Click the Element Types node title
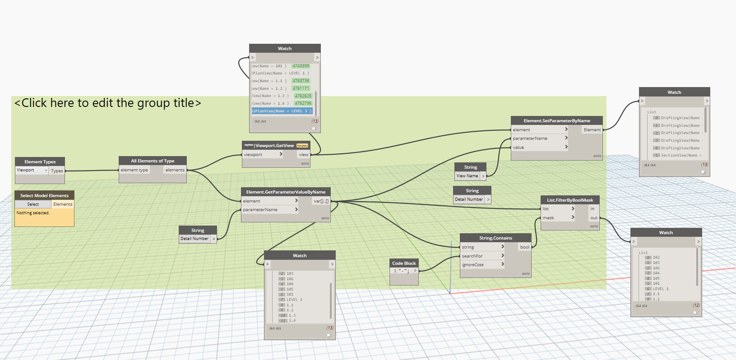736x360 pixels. [x=40, y=162]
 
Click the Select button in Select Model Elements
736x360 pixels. [x=33, y=204]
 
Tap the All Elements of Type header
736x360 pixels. [x=153, y=161]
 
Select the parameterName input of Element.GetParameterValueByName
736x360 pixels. [x=260, y=210]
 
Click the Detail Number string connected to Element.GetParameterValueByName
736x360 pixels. [x=194, y=239]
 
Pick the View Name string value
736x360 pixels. [x=467, y=176]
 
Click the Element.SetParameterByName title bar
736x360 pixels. [x=556, y=120]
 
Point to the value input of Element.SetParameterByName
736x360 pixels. [x=518, y=148]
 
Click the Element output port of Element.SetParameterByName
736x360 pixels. [x=592, y=130]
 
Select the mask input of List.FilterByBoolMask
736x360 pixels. [x=548, y=218]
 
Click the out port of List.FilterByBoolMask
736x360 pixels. [x=594, y=218]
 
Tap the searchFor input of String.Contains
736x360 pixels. [x=472, y=256]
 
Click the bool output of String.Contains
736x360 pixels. [x=524, y=247]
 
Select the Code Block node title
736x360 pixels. [x=404, y=263]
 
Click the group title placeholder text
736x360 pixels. [x=108, y=103]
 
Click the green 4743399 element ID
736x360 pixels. [x=301, y=66]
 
